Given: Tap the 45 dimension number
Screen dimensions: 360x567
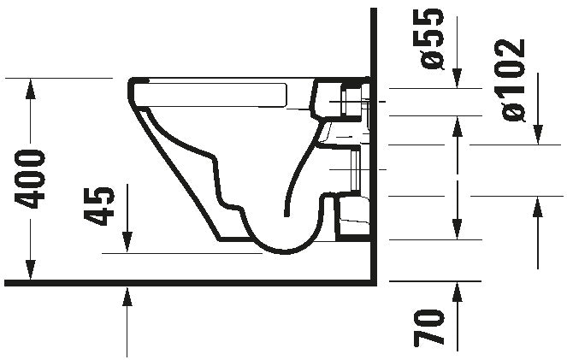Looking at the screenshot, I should point(102,206).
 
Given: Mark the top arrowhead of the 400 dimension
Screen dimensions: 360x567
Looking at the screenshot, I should point(31,86).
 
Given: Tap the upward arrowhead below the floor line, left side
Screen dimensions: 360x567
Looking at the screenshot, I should point(127,296).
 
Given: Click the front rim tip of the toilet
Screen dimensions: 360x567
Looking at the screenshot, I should point(133,86).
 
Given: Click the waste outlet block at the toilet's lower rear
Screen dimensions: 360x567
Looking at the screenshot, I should point(351,217).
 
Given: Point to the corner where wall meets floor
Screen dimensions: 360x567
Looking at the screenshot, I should point(375,281).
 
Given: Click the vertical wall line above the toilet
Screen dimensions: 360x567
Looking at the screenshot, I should point(375,43).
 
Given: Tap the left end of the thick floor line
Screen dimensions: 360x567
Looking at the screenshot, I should point(7,282).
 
